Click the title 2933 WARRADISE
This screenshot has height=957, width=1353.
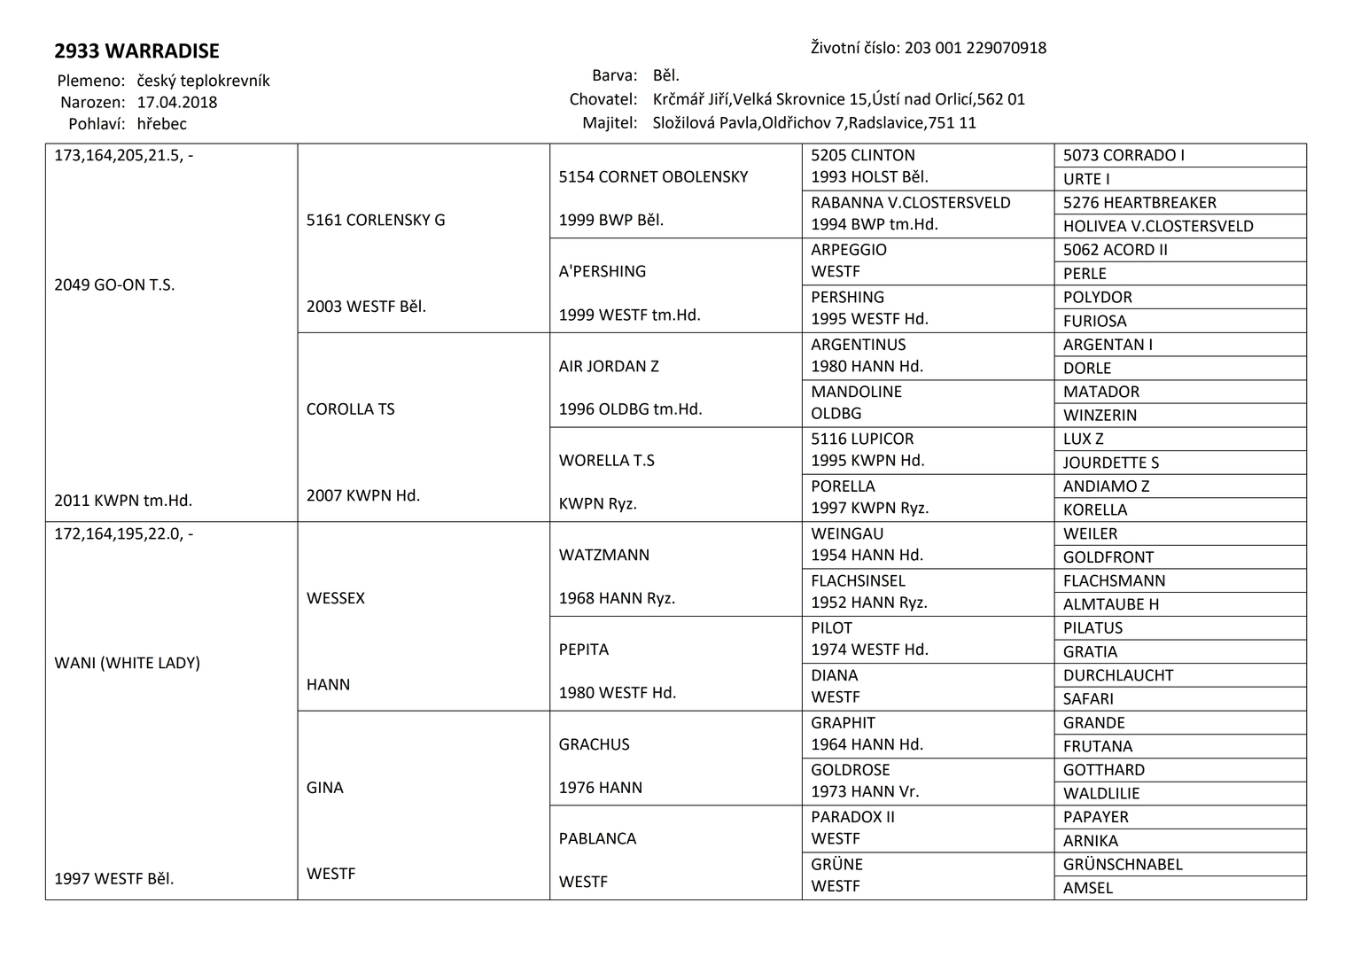point(136,51)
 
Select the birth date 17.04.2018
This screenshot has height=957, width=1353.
point(177,102)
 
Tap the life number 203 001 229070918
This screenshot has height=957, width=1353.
point(975,48)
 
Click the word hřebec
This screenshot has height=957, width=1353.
point(162,124)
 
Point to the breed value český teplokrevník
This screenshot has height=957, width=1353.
point(203,81)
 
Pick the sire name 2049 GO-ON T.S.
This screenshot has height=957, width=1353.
point(114,285)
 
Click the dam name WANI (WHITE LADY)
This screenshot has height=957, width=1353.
point(127,663)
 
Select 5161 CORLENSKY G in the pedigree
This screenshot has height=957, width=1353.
point(376,220)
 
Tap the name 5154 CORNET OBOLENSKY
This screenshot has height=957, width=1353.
point(653,177)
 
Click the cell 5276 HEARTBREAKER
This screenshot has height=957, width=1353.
point(1139,203)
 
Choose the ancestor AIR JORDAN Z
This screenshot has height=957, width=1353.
point(609,366)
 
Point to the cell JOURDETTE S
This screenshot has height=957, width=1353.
point(1111,463)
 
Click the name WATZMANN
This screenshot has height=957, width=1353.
point(603,555)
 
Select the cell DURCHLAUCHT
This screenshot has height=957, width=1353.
point(1118,675)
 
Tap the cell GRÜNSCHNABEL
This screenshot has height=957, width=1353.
point(1123,864)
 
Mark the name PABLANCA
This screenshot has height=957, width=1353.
point(597,838)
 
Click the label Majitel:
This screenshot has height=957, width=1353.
point(610,123)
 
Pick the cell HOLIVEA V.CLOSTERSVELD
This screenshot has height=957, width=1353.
point(1158,226)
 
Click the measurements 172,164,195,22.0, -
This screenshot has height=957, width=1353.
point(124,534)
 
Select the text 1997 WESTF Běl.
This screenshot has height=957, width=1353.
point(114,879)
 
